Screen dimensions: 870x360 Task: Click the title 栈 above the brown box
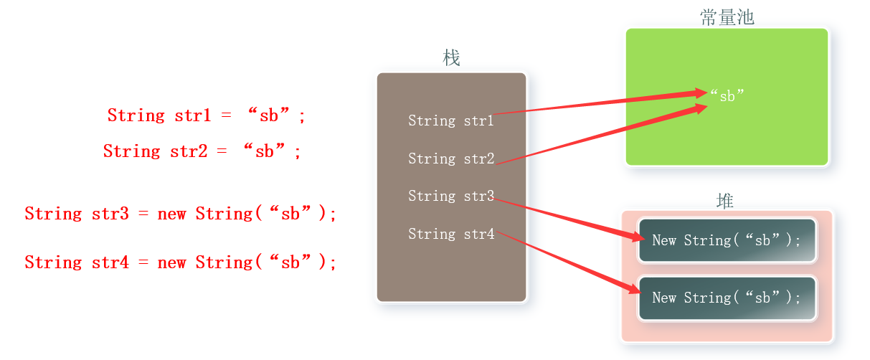tap(451, 58)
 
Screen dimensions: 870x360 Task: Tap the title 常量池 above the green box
tap(727, 17)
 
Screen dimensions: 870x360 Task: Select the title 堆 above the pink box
tap(725, 201)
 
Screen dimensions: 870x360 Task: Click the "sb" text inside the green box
tap(727, 95)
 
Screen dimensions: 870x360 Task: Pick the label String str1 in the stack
tap(450, 120)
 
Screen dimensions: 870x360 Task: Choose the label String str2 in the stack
tap(450, 158)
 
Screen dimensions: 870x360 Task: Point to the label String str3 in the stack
tap(450, 196)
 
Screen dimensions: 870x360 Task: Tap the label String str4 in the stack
tap(450, 234)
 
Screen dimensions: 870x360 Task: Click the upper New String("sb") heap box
tap(727, 240)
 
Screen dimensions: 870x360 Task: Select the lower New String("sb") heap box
tap(727, 298)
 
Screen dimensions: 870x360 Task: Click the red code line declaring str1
tap(207, 115)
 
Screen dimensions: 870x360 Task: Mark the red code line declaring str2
tap(202, 151)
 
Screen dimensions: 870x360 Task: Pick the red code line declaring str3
tap(180, 214)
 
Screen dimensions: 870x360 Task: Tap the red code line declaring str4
tap(180, 262)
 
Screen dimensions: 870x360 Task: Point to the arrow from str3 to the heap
tap(567, 219)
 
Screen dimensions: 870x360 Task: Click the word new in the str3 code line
tap(171, 214)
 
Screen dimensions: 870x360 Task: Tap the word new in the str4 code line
tap(171, 262)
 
